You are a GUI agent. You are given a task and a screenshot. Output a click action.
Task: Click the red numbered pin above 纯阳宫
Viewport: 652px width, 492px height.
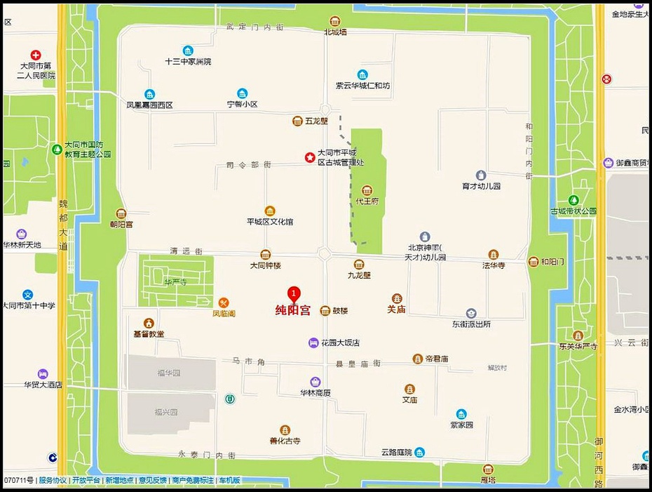pos(294,293)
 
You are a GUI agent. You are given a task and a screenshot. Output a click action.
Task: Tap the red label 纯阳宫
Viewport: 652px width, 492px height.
pos(292,310)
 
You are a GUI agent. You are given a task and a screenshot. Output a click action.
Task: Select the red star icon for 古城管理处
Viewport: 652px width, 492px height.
pos(309,158)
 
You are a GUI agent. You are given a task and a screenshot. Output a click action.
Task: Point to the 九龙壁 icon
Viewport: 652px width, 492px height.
pos(359,265)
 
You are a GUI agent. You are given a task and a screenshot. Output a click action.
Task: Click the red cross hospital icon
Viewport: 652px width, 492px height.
pos(35,55)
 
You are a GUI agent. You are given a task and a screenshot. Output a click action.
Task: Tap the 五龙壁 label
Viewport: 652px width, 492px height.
pos(317,121)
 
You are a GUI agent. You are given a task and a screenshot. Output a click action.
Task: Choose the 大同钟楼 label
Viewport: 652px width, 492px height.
pos(265,266)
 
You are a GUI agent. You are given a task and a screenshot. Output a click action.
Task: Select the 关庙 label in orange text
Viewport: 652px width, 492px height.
pos(397,309)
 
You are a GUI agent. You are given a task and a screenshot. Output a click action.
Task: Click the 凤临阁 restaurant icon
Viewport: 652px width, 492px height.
pos(224,302)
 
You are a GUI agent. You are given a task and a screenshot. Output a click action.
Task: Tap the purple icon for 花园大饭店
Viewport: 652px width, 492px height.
pos(313,343)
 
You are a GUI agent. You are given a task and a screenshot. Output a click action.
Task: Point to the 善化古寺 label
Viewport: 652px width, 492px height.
pos(285,441)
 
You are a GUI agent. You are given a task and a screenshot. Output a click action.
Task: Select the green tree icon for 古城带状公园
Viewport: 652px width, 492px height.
pos(573,200)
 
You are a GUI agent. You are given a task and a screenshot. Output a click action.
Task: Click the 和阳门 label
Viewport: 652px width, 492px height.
pos(552,262)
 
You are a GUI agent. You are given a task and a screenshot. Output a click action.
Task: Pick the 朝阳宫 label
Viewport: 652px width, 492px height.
pos(121,224)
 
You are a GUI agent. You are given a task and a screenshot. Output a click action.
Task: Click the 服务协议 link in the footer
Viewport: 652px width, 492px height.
pos(53,480)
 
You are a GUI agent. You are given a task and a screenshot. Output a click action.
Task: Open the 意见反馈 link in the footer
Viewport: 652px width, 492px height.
pos(152,480)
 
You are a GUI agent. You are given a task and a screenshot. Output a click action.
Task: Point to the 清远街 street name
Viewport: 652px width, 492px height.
pos(186,251)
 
